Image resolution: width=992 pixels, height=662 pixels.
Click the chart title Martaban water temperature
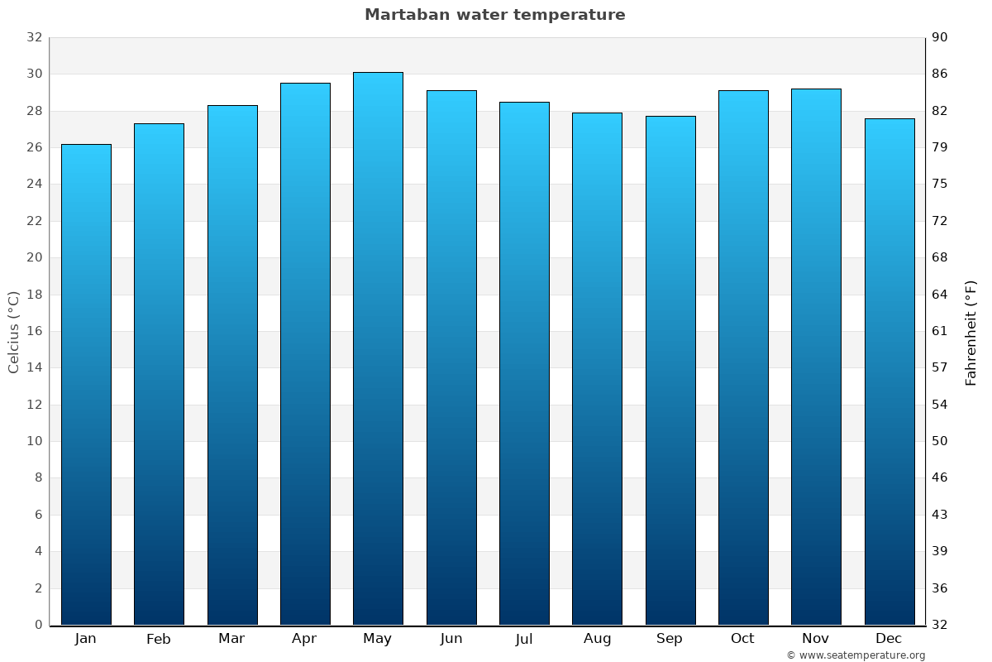[494, 15]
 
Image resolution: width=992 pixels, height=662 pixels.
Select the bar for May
[378, 348]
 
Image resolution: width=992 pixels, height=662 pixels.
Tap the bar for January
[86, 385]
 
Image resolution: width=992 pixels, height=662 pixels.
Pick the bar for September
[670, 370]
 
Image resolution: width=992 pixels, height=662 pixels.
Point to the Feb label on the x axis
[159, 639]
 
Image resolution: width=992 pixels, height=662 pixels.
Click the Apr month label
[304, 639]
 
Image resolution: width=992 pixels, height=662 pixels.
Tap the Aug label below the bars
[597, 639]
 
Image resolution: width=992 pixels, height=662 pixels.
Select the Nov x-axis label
[816, 639]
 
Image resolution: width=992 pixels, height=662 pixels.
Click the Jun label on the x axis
[451, 639]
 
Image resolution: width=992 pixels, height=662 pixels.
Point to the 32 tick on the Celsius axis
[34, 37]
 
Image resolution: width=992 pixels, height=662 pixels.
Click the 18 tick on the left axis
[34, 295]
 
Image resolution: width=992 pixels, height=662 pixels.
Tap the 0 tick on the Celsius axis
[38, 625]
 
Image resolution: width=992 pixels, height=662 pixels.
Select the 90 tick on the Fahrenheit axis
[941, 37]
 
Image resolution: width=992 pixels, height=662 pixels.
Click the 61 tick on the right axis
[941, 331]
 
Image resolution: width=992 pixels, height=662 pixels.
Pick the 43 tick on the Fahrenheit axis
[941, 515]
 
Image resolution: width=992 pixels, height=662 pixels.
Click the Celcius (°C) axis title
[13, 332]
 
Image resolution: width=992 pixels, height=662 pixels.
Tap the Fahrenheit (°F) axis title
[971, 332]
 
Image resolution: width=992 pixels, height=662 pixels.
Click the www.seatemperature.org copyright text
[855, 655]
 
